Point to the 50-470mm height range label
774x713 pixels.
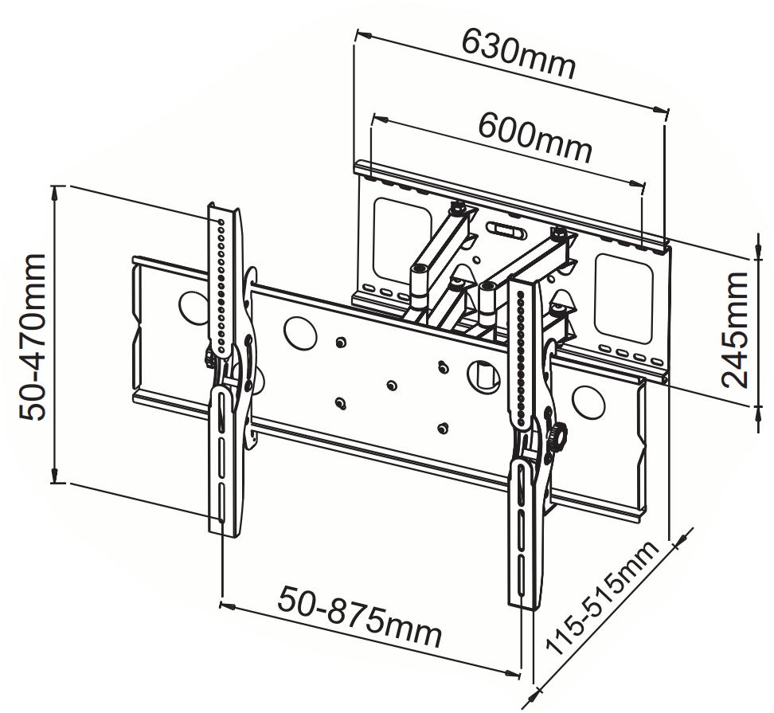35,337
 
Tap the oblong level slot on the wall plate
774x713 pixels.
505,229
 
